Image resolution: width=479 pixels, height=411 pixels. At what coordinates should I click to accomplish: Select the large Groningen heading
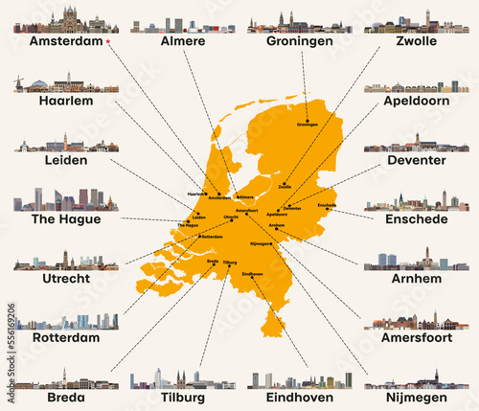[x=300, y=42]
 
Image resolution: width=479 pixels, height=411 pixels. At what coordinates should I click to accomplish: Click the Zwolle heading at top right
[x=417, y=43]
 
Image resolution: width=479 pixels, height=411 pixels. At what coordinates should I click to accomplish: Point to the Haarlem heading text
[x=66, y=101]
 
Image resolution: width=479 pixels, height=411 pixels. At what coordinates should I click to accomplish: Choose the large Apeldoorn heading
[x=415, y=101]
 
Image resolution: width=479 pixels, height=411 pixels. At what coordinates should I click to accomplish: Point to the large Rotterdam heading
[x=66, y=338]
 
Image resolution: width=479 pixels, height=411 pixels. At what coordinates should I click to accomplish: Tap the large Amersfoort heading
[x=415, y=338]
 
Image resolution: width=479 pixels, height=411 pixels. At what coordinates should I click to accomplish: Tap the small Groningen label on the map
[x=308, y=125]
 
